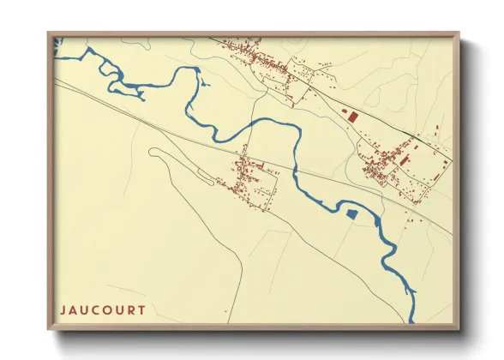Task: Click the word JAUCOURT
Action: [102, 309]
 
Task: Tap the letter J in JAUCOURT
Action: [63, 309]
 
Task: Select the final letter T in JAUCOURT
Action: [141, 309]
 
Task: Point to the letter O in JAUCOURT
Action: [106, 309]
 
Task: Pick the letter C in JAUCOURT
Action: [94, 309]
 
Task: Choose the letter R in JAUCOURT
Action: [130, 309]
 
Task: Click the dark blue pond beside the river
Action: [351, 213]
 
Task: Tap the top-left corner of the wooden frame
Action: [49, 34]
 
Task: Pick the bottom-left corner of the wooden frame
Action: [49, 329]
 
